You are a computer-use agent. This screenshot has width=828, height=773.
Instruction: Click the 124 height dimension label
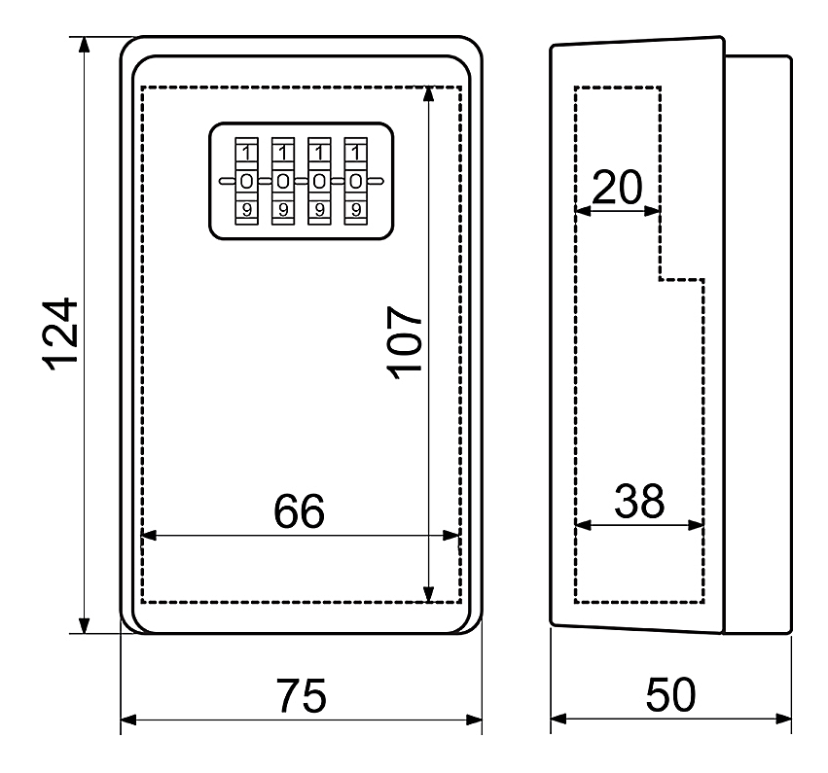tap(60, 334)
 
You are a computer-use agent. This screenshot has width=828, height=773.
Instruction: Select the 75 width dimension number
tap(301, 696)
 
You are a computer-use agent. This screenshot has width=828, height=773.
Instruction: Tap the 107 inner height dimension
tap(405, 343)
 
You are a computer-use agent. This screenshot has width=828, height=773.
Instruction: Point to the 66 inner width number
tap(299, 511)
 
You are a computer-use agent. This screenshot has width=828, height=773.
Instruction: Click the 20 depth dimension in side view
tap(617, 188)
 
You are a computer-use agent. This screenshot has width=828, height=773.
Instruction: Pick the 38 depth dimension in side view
tap(639, 501)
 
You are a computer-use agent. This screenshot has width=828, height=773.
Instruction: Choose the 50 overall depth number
tap(670, 695)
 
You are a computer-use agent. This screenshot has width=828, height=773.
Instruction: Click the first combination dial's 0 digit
tap(246, 182)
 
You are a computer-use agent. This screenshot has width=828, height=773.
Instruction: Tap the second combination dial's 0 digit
tap(283, 182)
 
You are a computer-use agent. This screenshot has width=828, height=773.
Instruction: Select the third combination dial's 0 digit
tap(319, 182)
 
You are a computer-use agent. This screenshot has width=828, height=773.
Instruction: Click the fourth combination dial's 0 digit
tap(356, 182)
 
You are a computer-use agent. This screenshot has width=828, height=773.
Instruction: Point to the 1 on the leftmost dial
tap(246, 154)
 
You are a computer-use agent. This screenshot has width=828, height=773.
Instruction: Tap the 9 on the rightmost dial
tap(356, 210)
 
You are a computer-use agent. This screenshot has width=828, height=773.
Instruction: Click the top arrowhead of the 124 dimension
tap(84, 45)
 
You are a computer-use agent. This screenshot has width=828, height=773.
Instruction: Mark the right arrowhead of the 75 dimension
tap(474, 720)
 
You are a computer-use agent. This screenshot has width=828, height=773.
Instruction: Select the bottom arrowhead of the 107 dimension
tap(429, 594)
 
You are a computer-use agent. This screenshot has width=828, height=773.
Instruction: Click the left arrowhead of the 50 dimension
tap(558, 719)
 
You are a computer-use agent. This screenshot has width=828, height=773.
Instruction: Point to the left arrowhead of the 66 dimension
tap(150, 535)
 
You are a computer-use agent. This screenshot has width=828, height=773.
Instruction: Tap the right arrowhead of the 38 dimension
tap(696, 525)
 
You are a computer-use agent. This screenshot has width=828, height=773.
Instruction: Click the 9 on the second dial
tap(283, 210)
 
